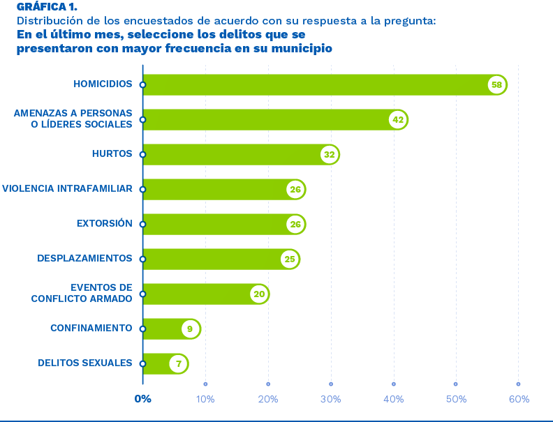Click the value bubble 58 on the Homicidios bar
click(x=496, y=85)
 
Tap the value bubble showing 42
click(x=398, y=120)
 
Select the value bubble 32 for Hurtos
click(x=330, y=155)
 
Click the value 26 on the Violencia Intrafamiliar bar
click(x=295, y=190)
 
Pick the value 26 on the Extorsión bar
click(x=295, y=225)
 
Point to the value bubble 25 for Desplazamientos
click(x=289, y=259)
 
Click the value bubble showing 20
click(x=259, y=294)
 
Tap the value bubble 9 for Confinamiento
click(x=190, y=329)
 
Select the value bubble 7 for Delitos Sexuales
click(x=178, y=363)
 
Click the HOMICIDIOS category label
click(x=103, y=84)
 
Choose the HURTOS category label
click(x=112, y=154)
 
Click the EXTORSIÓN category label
click(x=104, y=224)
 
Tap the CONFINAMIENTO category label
click(x=91, y=329)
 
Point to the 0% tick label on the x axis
click(x=142, y=399)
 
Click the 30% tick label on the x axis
click(x=330, y=399)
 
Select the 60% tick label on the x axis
click(x=518, y=399)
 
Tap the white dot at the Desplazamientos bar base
click(x=142, y=259)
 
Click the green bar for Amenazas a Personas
click(x=265, y=120)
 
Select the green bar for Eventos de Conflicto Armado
click(x=196, y=294)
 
